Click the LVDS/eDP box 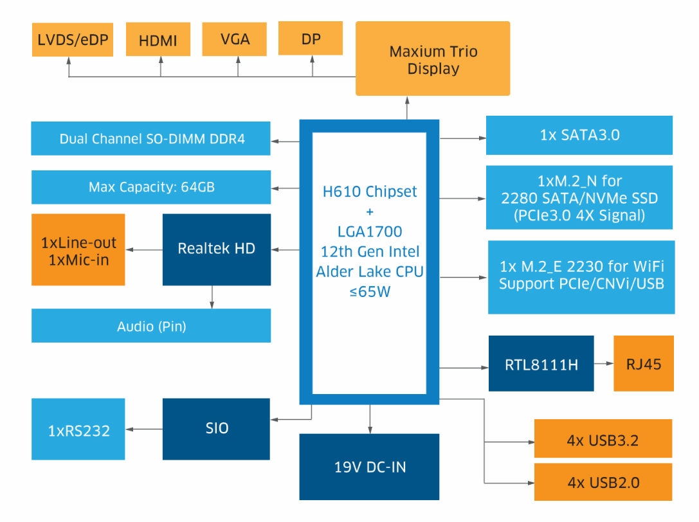[x=72, y=40]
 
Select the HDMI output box [x=158, y=40]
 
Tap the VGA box [x=235, y=39]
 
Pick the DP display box [x=311, y=39]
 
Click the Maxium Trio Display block [x=433, y=59]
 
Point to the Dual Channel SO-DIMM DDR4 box [x=151, y=139]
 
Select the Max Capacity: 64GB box [x=151, y=188]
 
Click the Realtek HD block [x=217, y=249]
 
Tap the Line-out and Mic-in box [x=78, y=251]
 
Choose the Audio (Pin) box [x=151, y=326]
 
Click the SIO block [x=217, y=429]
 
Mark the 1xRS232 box [x=78, y=430]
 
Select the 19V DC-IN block [x=369, y=467]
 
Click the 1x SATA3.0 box [x=579, y=135]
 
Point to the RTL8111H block [x=541, y=364]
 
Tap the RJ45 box [x=644, y=364]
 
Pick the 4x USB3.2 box [x=603, y=440]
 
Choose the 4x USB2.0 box [x=603, y=482]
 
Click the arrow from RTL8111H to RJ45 [x=603, y=364]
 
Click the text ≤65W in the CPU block [x=369, y=292]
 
